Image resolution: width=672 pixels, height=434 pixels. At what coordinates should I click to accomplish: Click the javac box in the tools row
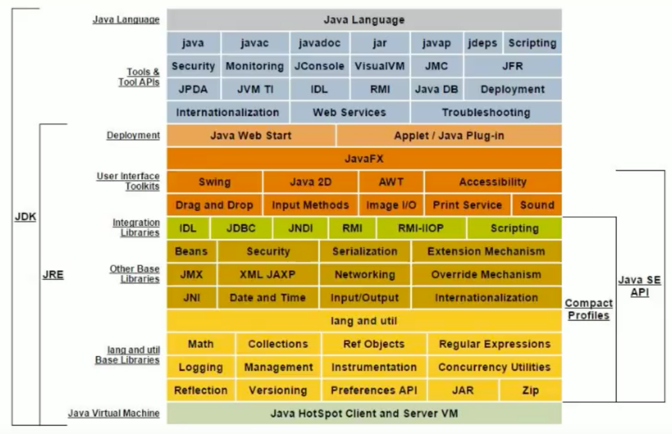pyautogui.click(x=255, y=43)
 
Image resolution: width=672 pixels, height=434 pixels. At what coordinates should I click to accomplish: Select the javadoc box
pyautogui.click(x=320, y=43)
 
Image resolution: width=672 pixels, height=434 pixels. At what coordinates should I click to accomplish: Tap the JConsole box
pyautogui.click(x=320, y=66)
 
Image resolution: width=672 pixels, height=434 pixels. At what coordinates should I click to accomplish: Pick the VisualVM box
pyautogui.click(x=380, y=66)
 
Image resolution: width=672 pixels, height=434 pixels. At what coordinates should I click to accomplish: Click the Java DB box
pyautogui.click(x=436, y=89)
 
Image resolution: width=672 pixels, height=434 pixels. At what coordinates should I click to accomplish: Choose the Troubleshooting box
pyautogui.click(x=486, y=113)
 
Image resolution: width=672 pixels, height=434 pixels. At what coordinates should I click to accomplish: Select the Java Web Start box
pyautogui.click(x=251, y=135)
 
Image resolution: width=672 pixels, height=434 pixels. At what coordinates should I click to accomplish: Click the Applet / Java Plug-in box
pyautogui.click(x=449, y=135)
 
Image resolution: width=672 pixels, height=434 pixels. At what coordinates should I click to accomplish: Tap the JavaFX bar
pyautogui.click(x=364, y=159)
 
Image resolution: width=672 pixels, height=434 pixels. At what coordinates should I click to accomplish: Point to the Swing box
pyautogui.click(x=214, y=182)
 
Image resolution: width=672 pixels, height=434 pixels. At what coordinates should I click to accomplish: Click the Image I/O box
pyautogui.click(x=391, y=205)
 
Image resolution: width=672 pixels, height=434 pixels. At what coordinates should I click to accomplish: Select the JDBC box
pyautogui.click(x=241, y=228)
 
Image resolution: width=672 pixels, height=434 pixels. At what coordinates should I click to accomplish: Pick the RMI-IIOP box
pyautogui.click(x=421, y=228)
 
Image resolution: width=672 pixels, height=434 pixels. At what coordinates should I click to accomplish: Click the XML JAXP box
pyautogui.click(x=268, y=274)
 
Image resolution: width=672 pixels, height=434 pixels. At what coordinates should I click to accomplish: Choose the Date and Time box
pyautogui.click(x=268, y=298)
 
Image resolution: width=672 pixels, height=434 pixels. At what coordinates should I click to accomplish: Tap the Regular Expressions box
pyautogui.click(x=495, y=344)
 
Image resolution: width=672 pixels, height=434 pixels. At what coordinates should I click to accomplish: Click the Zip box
pyautogui.click(x=530, y=390)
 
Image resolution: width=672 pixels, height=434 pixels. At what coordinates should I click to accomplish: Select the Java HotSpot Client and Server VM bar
pyautogui.click(x=364, y=414)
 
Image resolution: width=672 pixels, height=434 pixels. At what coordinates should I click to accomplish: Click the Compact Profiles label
pyautogui.click(x=588, y=309)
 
